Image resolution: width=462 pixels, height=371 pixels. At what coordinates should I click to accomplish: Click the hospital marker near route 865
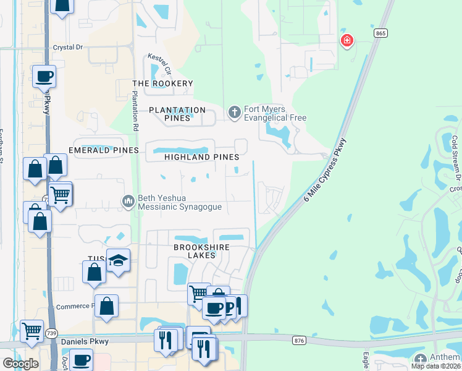point(347,41)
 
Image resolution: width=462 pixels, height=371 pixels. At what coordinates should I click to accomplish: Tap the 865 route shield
point(380,32)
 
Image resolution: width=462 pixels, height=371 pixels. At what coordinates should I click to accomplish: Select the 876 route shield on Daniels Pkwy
point(300,341)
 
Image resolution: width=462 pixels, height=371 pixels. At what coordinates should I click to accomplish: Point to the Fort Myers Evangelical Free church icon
point(234,113)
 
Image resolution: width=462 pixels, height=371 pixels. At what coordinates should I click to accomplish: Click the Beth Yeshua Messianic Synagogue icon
point(128,201)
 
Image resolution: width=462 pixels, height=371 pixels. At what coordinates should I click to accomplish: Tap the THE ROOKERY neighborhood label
point(163,83)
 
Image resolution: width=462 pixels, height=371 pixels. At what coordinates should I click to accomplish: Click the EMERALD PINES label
point(104,150)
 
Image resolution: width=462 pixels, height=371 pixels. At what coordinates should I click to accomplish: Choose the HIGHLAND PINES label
point(201,157)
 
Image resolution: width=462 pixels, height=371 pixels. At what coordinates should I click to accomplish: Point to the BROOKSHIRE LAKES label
point(201,251)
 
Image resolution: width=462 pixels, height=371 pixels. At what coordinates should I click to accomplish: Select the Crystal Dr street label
point(67,47)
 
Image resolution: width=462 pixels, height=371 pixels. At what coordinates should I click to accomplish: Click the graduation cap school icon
point(118,260)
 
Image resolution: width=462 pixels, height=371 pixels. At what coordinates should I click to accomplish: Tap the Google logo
point(20,364)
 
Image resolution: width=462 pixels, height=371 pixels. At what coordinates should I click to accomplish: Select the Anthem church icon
point(421,359)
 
